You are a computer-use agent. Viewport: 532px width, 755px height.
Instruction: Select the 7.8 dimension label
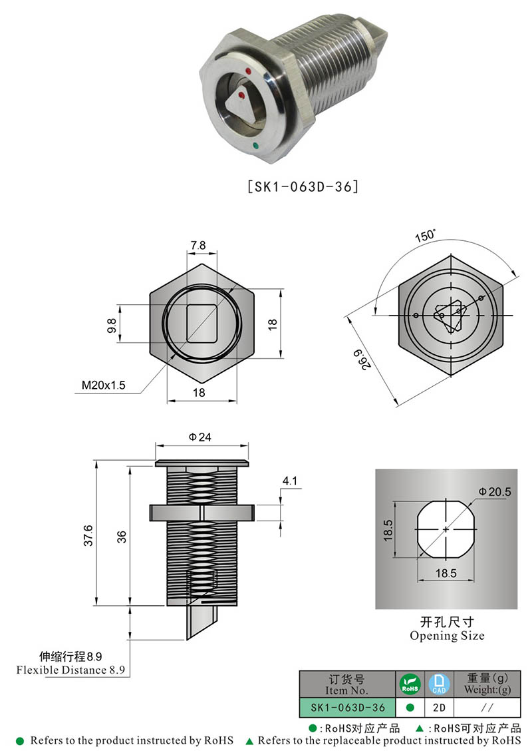[x=199, y=246]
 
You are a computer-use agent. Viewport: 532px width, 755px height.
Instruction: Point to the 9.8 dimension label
[x=112, y=325]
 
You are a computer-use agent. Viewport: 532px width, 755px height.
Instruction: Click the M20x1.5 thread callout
[x=103, y=385]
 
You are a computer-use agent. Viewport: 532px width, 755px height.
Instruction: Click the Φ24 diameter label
[x=199, y=437]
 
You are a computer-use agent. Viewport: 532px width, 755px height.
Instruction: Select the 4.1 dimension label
[x=289, y=480]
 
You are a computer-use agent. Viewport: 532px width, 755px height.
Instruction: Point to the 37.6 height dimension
[x=87, y=535]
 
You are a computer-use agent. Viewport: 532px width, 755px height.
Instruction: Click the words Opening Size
[x=447, y=636]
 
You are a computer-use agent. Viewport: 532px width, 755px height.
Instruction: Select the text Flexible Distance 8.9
[x=71, y=670]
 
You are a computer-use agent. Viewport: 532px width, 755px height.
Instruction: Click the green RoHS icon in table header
[x=410, y=684]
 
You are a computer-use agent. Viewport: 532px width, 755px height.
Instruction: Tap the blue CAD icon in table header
[x=436, y=684]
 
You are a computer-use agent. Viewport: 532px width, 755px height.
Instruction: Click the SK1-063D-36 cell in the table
[x=348, y=707]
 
